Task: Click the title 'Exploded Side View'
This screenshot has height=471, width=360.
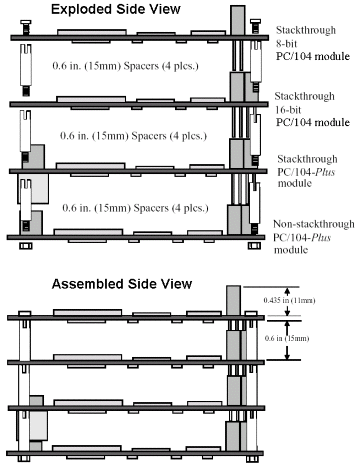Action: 116,9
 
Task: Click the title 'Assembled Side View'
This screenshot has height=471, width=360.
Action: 122,284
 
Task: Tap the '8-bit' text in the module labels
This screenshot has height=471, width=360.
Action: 286,44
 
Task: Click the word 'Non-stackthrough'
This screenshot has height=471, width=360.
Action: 314,224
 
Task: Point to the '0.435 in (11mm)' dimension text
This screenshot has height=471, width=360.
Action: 289,300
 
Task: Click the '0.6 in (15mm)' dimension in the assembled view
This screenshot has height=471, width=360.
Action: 287,338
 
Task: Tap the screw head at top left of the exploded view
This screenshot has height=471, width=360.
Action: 26,23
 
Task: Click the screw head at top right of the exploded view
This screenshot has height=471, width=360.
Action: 255,21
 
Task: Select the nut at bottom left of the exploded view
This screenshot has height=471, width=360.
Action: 26,246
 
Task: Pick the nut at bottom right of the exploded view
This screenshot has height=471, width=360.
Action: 254,246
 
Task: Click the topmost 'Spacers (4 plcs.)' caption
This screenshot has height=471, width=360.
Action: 161,66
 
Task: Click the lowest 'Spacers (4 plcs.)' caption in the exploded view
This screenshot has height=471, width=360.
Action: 171,208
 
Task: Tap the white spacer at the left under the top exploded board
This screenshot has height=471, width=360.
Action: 26,65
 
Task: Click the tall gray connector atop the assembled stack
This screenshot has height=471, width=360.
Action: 233,300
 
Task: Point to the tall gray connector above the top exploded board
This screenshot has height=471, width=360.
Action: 238,20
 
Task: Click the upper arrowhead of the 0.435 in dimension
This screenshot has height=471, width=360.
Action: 287,289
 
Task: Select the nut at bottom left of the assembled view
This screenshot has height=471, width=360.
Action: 24,459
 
